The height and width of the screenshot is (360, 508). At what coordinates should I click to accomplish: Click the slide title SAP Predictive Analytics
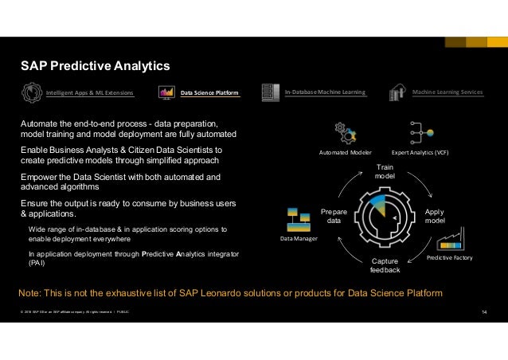[96, 65]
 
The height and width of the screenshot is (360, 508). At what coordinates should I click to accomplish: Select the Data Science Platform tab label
[210, 93]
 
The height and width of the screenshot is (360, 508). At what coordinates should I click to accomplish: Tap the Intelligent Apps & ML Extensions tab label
[89, 93]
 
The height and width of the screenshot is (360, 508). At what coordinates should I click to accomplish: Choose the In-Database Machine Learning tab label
[325, 93]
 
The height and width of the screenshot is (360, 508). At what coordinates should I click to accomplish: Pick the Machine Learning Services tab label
[447, 93]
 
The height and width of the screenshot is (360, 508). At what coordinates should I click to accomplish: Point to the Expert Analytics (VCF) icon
[420, 131]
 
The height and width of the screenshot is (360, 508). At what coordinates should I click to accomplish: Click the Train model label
[385, 170]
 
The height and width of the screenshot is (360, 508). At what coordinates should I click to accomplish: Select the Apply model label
[435, 216]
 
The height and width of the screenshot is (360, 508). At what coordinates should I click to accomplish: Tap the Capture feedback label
[385, 266]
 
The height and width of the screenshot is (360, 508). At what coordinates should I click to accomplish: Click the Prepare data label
[334, 216]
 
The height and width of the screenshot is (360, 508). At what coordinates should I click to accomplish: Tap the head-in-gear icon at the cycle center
[385, 215]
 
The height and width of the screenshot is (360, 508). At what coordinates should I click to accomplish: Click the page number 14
[485, 311]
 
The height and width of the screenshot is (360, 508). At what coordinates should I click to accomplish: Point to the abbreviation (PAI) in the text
[37, 263]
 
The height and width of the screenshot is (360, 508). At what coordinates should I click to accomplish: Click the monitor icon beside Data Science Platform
[167, 93]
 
